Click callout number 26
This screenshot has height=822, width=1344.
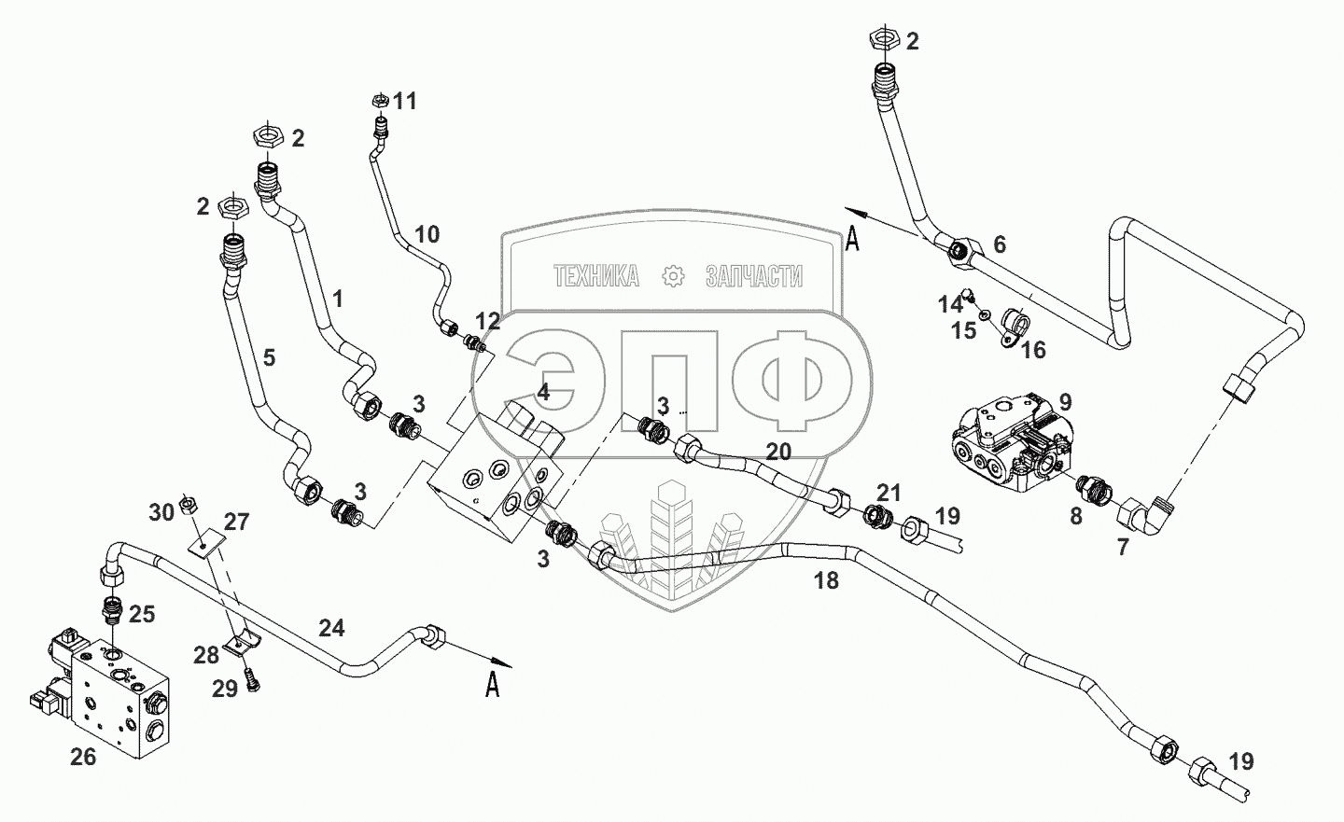tap(83, 757)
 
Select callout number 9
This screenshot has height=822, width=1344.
tap(1065, 401)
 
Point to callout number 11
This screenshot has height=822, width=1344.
tap(405, 101)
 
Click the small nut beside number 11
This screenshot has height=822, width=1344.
tap(379, 100)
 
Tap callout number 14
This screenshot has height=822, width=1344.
tap(950, 305)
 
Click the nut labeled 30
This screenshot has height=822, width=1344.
tap(188, 505)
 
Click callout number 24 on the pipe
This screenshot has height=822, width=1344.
tap(331, 628)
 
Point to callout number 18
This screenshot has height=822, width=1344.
tap(826, 580)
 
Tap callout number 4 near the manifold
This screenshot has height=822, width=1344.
tap(543, 393)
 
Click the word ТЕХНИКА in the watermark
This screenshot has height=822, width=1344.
tap(596, 276)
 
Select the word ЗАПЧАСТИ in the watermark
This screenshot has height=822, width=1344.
tap(753, 276)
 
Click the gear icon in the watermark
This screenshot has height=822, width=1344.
tap(673, 276)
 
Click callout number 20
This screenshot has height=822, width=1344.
tap(778, 452)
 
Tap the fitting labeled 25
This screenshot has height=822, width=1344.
tap(112, 611)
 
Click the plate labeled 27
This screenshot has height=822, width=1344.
tap(205, 542)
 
